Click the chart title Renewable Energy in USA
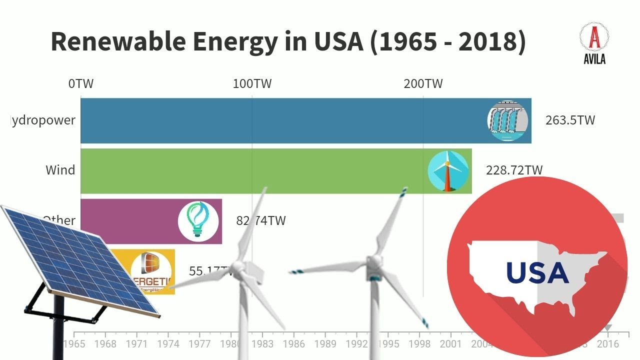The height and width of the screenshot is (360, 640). pos(288,41)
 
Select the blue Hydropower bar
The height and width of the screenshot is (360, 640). pos(280,120)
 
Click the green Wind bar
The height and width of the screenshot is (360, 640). pos(250,170)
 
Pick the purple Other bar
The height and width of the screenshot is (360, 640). pos(130,221)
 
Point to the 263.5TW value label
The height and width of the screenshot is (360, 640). pos(570,120)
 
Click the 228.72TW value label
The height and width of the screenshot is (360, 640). pos(514,170)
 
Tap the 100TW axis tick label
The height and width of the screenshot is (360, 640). pos(252,83)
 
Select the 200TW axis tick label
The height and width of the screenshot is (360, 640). pos(423,83)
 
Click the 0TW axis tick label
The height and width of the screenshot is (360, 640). pos(81,83)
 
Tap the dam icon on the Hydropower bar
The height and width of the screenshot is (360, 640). pos(507,120)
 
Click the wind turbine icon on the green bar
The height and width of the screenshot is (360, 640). pos(448,170)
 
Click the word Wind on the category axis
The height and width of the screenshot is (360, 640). pos(60,170)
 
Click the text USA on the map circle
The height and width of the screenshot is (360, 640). pos(537,273)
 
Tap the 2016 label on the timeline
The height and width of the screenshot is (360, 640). pos(607,344)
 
